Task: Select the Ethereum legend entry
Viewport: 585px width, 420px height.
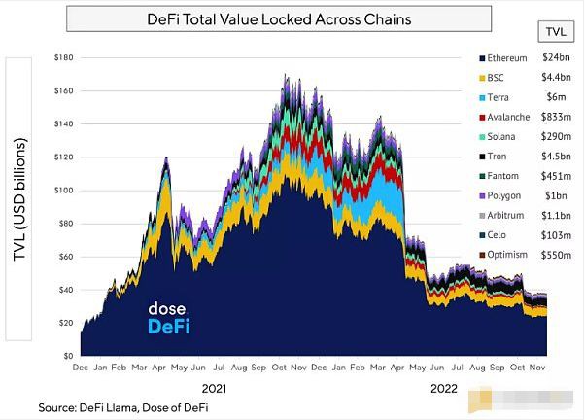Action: (x=506, y=58)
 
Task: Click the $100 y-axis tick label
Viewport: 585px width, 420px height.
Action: (x=65, y=191)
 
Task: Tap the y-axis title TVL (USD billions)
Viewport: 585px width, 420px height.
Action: (x=20, y=198)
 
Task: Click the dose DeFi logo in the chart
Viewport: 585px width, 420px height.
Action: (x=168, y=317)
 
